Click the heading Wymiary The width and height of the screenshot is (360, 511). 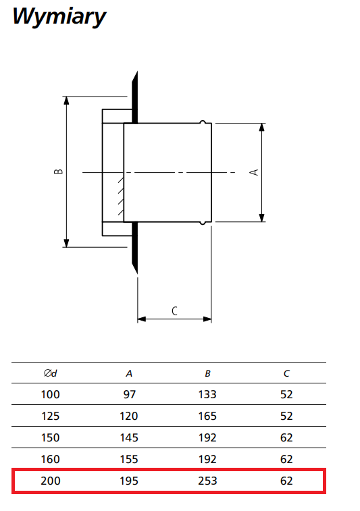point(59,17)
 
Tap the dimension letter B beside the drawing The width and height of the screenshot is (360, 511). point(58,171)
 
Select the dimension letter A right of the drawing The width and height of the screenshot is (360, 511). point(254,172)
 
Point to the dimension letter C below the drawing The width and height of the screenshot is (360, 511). point(174,311)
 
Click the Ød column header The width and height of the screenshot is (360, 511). point(51,373)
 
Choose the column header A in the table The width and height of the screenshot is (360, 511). point(129,373)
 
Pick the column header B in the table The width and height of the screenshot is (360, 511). point(208,373)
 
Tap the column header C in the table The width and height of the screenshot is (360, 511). point(286,373)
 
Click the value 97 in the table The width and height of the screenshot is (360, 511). point(129,394)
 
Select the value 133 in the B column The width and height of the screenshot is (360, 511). point(207,394)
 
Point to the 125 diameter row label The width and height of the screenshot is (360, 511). point(51,416)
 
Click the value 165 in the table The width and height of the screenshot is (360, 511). point(207,416)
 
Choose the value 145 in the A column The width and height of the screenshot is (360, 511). point(129,437)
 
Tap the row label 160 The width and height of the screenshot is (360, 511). point(51,459)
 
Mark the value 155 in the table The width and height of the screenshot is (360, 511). point(129,459)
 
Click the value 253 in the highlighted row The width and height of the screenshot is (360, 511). point(207,481)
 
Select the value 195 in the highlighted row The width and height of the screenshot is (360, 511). point(129,481)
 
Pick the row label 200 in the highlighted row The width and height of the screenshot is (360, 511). point(51,481)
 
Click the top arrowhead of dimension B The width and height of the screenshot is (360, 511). point(66,100)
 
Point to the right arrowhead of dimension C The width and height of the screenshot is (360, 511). point(207,319)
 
